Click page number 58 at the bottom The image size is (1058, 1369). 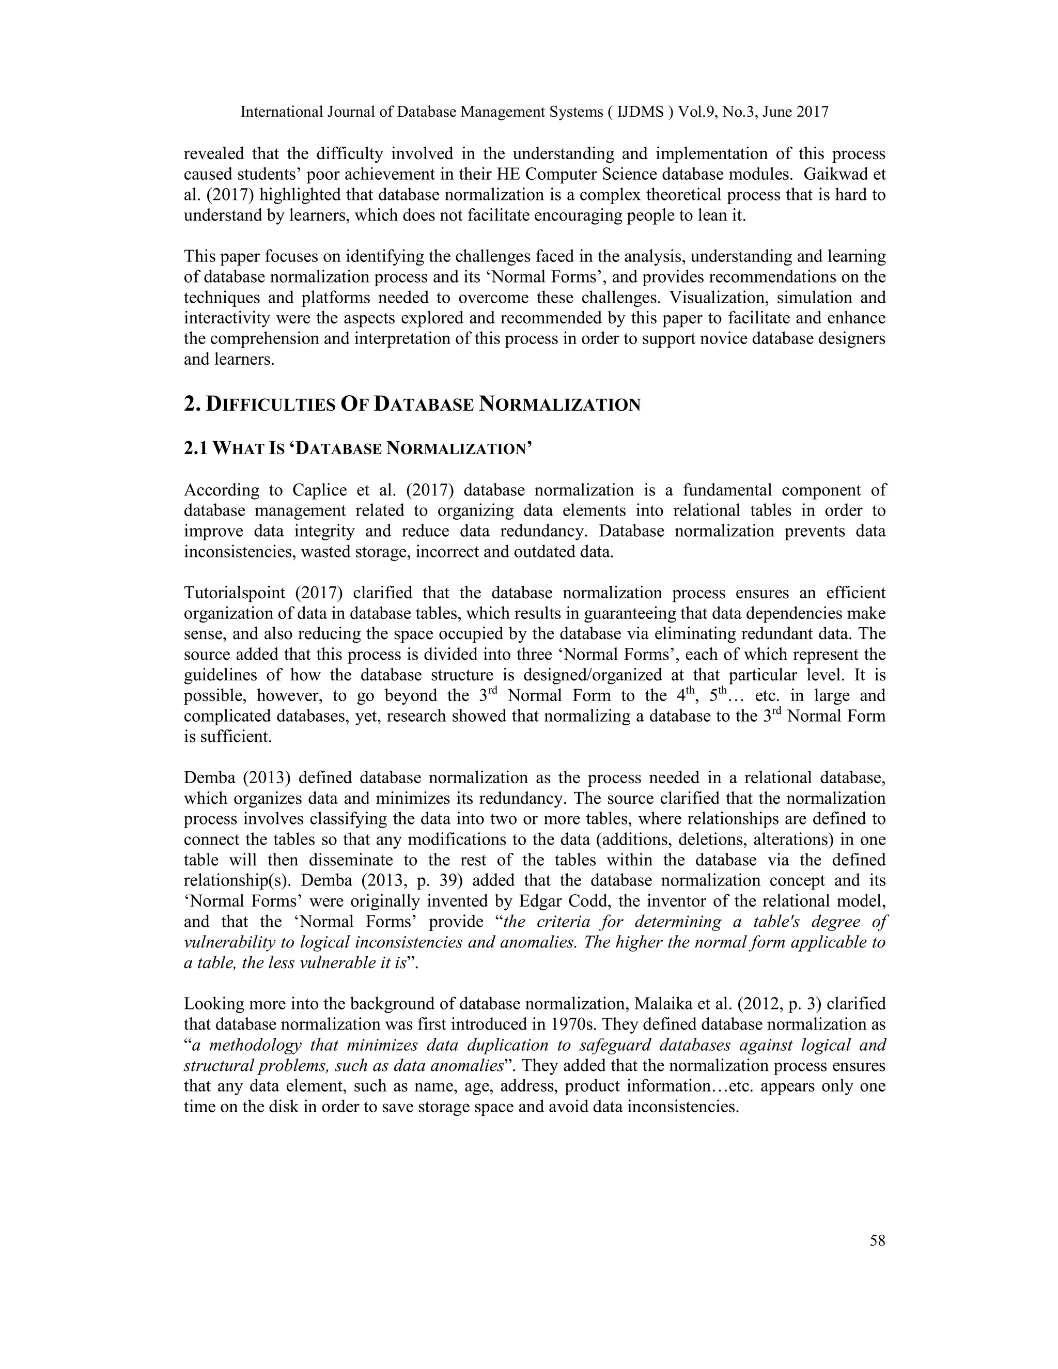click(877, 1240)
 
